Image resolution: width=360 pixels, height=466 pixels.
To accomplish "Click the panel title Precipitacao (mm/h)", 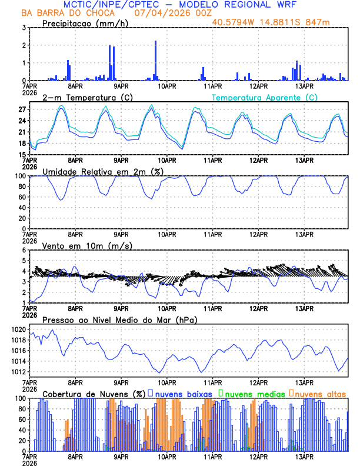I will (82, 23).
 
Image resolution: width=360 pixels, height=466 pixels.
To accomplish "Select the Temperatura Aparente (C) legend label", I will (264, 97).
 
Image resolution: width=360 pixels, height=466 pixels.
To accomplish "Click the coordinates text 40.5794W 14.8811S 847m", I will (279, 22).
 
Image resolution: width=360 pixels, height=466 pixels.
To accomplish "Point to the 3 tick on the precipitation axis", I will (24, 28).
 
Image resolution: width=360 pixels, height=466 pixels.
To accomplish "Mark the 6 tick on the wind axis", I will (24, 250).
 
